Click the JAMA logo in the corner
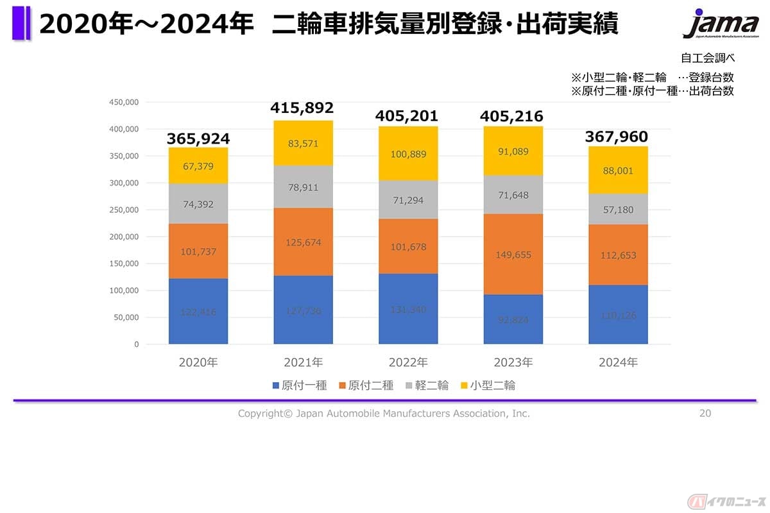coord(721,24)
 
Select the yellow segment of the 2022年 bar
coord(408,154)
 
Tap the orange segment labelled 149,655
coord(513,254)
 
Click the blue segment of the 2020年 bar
coord(198,312)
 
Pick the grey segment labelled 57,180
coord(618,210)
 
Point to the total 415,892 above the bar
coord(303,108)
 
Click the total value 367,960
coord(617,137)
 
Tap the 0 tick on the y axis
coord(136,344)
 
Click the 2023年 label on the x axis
coord(513,362)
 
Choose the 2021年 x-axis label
coord(303,362)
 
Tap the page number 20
coord(705,414)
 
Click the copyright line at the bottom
coord(384,414)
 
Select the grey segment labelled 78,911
coord(303,187)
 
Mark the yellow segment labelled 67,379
coord(198,166)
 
